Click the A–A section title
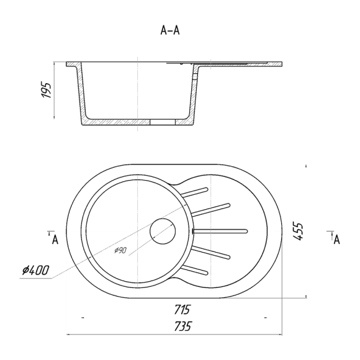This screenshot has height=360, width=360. [170, 30]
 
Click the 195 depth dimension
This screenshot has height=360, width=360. [46, 90]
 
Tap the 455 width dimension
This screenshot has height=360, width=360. [299, 231]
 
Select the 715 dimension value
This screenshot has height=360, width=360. [182, 310]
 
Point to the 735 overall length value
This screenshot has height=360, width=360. [182, 326]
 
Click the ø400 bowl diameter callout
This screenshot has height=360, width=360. [35, 270]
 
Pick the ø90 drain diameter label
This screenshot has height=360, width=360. [120, 250]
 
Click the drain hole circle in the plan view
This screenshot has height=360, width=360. [163, 231]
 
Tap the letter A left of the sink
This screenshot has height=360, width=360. [55, 240]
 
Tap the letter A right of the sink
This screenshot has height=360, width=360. [336, 240]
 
